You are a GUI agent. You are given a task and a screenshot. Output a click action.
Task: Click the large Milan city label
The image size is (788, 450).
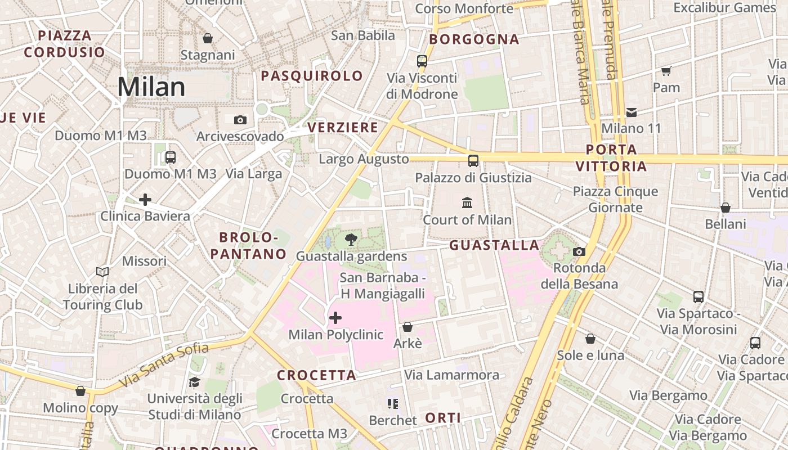[151, 87]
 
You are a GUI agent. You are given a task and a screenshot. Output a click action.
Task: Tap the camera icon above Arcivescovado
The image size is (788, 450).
[240, 120]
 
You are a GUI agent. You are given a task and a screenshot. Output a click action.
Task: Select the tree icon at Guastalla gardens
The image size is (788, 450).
[351, 240]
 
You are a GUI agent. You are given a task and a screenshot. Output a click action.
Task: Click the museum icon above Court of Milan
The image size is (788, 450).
[467, 202]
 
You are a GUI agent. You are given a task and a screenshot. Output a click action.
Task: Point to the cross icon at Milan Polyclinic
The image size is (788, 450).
[335, 318]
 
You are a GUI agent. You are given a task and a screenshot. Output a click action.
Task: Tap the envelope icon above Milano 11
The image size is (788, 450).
[632, 112]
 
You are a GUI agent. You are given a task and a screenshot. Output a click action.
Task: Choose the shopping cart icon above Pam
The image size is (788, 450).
[666, 71]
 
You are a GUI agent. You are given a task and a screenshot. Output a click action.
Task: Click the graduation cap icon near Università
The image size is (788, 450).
[195, 382]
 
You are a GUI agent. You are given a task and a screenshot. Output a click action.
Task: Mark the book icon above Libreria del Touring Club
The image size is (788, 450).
[102, 272]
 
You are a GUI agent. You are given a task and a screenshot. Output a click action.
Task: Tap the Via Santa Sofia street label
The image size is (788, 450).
[165, 364]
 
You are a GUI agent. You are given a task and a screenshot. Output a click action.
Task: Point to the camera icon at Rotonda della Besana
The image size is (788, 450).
[579, 251]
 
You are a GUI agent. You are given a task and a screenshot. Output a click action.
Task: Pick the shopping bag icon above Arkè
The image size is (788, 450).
[408, 327]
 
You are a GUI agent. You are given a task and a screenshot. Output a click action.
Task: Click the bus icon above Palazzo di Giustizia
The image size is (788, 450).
[473, 161]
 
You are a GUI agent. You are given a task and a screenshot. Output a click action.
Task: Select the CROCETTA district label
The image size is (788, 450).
[317, 375]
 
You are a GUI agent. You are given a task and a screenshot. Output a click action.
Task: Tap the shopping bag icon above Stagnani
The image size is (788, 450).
[208, 38]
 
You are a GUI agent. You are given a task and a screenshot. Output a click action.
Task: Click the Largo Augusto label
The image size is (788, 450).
[364, 159]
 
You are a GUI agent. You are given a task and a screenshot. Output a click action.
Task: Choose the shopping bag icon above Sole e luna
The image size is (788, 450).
[590, 339]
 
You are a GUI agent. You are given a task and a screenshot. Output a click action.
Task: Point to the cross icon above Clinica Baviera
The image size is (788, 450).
[145, 199]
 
